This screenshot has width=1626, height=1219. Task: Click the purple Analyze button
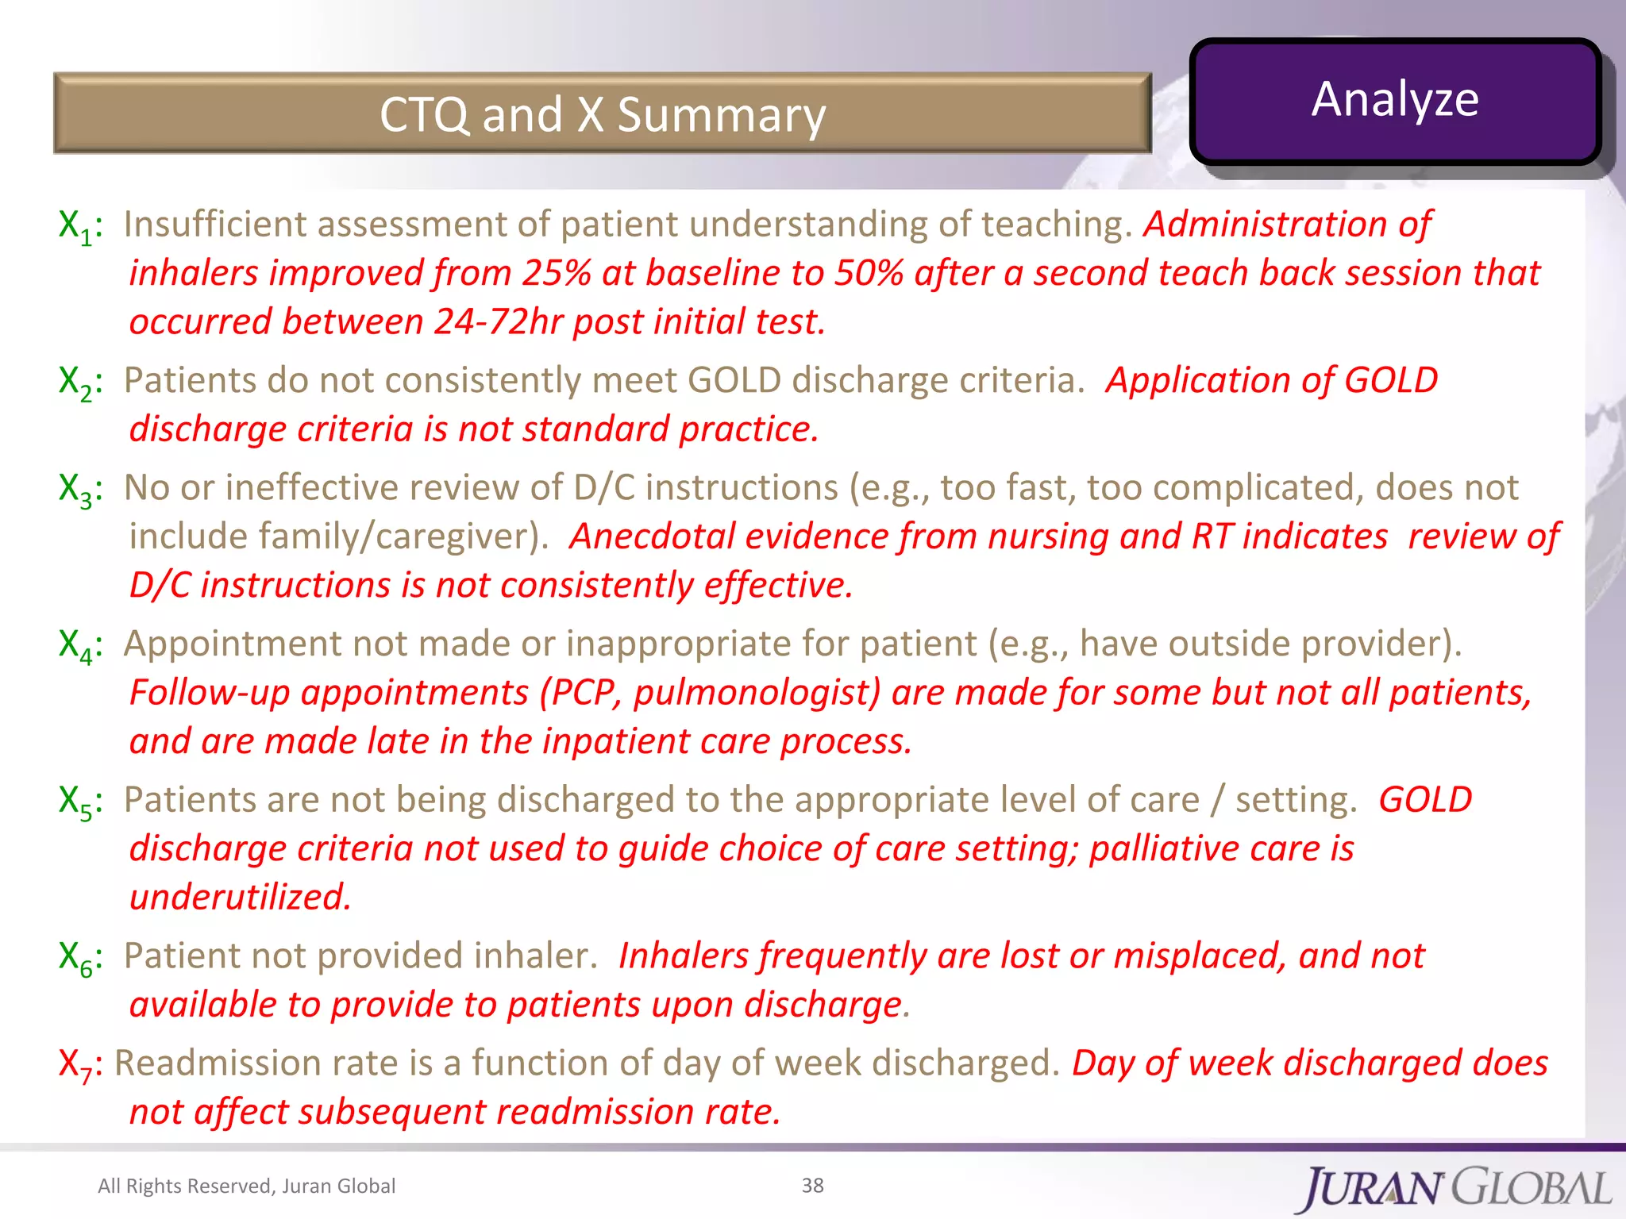[x=1394, y=101]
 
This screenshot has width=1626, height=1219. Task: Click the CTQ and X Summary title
[x=602, y=114]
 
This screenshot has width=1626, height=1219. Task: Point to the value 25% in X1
[x=556, y=273]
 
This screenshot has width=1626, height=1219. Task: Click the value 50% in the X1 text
[x=868, y=273]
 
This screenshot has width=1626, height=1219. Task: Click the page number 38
[x=812, y=1185]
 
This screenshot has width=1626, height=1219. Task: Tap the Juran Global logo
[x=1457, y=1188]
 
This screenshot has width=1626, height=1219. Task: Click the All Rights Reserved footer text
[x=246, y=1186]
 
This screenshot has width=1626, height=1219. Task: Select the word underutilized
[x=240, y=898]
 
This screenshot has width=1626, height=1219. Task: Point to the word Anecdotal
[x=652, y=536]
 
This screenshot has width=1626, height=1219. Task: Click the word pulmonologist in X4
[x=757, y=693]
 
